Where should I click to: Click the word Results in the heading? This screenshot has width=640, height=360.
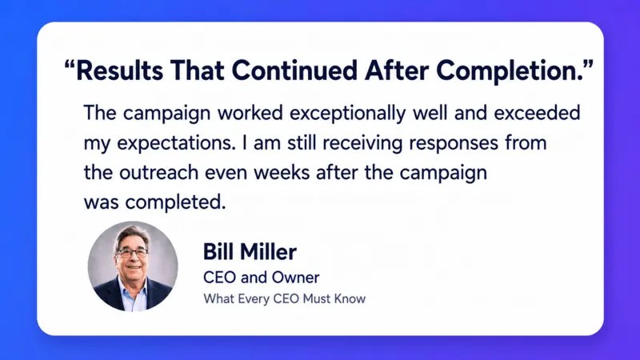click(x=119, y=70)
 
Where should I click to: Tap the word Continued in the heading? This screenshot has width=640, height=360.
click(x=294, y=70)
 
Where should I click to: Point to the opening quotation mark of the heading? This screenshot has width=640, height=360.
click(x=70, y=64)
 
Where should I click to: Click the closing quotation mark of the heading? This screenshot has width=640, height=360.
click(x=589, y=64)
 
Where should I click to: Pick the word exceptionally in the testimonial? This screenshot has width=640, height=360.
click(x=348, y=114)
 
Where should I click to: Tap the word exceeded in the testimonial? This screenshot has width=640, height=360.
click(x=537, y=113)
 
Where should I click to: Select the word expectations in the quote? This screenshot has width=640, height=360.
click(x=176, y=144)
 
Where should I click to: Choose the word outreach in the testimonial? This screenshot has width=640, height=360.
click(x=158, y=172)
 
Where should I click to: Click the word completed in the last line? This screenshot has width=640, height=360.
click(x=175, y=202)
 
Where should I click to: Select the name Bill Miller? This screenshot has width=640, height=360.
click(x=250, y=251)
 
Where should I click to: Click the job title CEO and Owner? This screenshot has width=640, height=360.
click(x=262, y=278)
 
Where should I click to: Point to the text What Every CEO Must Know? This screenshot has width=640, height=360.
click(x=285, y=298)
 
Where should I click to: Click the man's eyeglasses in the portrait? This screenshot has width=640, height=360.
click(x=132, y=254)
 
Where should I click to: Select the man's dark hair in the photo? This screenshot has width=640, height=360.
click(x=132, y=234)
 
